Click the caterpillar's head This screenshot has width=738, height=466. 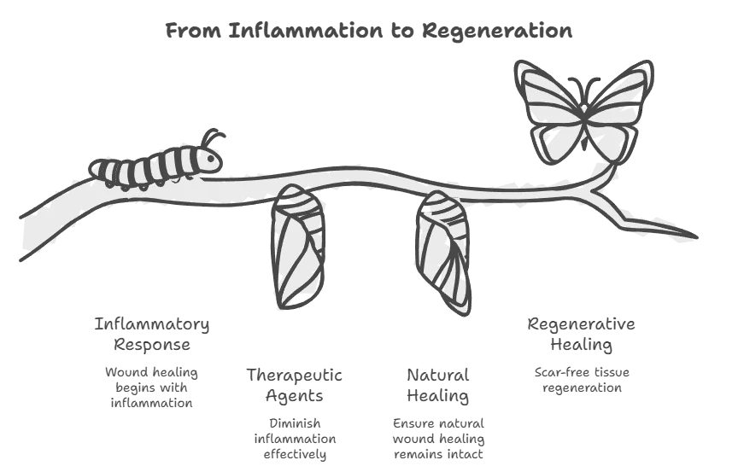coord(208,159)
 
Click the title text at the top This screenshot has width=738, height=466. coord(368,32)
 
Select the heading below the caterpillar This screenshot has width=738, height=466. coord(151,335)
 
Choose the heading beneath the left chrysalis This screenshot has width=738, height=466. coord(297,383)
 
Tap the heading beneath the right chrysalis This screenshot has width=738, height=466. coord(437,384)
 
